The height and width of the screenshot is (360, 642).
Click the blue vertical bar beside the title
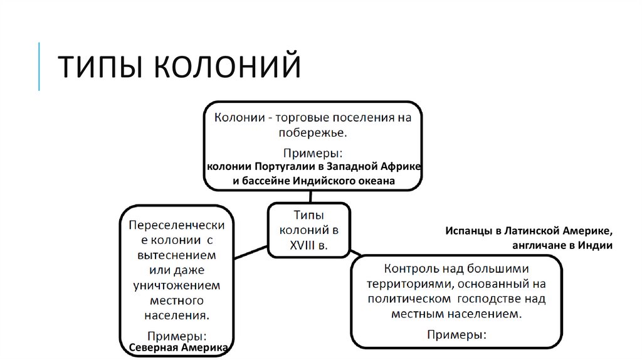[39, 66]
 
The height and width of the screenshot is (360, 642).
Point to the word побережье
[312, 132]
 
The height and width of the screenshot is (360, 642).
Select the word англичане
[539, 245]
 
